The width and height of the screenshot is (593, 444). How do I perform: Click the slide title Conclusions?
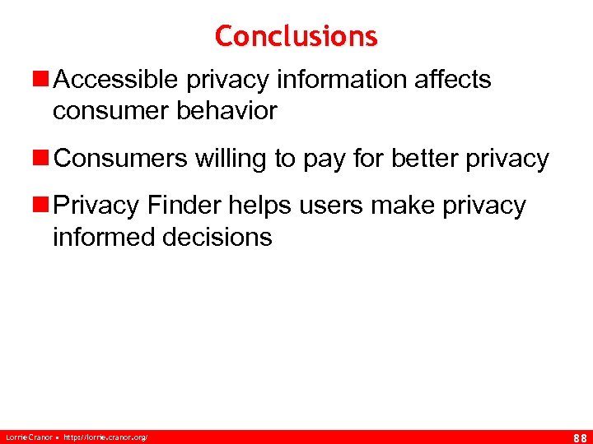296,36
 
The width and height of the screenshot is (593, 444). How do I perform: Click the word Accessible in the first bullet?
119,80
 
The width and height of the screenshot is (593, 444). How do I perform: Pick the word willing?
231,159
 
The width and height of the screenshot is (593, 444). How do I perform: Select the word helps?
259,206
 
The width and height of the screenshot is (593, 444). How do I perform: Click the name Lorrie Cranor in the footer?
27,437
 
